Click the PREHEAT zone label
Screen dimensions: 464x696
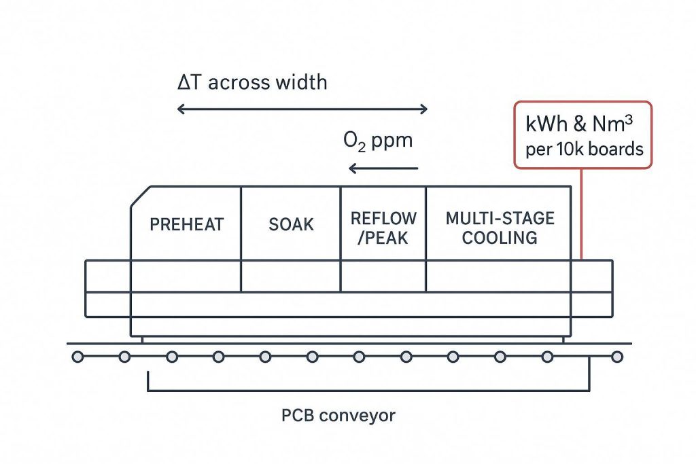coord(186,225)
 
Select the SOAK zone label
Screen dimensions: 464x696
coord(291,225)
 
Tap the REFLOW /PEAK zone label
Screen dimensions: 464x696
coord(383,228)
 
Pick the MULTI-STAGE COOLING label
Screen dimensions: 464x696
coord(500,228)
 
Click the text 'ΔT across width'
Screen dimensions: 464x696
coord(251,83)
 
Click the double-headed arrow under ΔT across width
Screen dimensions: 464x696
coord(302,109)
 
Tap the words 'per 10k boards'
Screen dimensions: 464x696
coord(584,149)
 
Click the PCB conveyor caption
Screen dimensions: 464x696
coord(338,414)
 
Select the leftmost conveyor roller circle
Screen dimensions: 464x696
coord(77,356)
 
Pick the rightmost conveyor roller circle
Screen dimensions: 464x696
coord(616,356)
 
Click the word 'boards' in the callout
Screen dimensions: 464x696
coord(616,149)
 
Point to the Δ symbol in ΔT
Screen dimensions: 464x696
coord(183,83)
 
